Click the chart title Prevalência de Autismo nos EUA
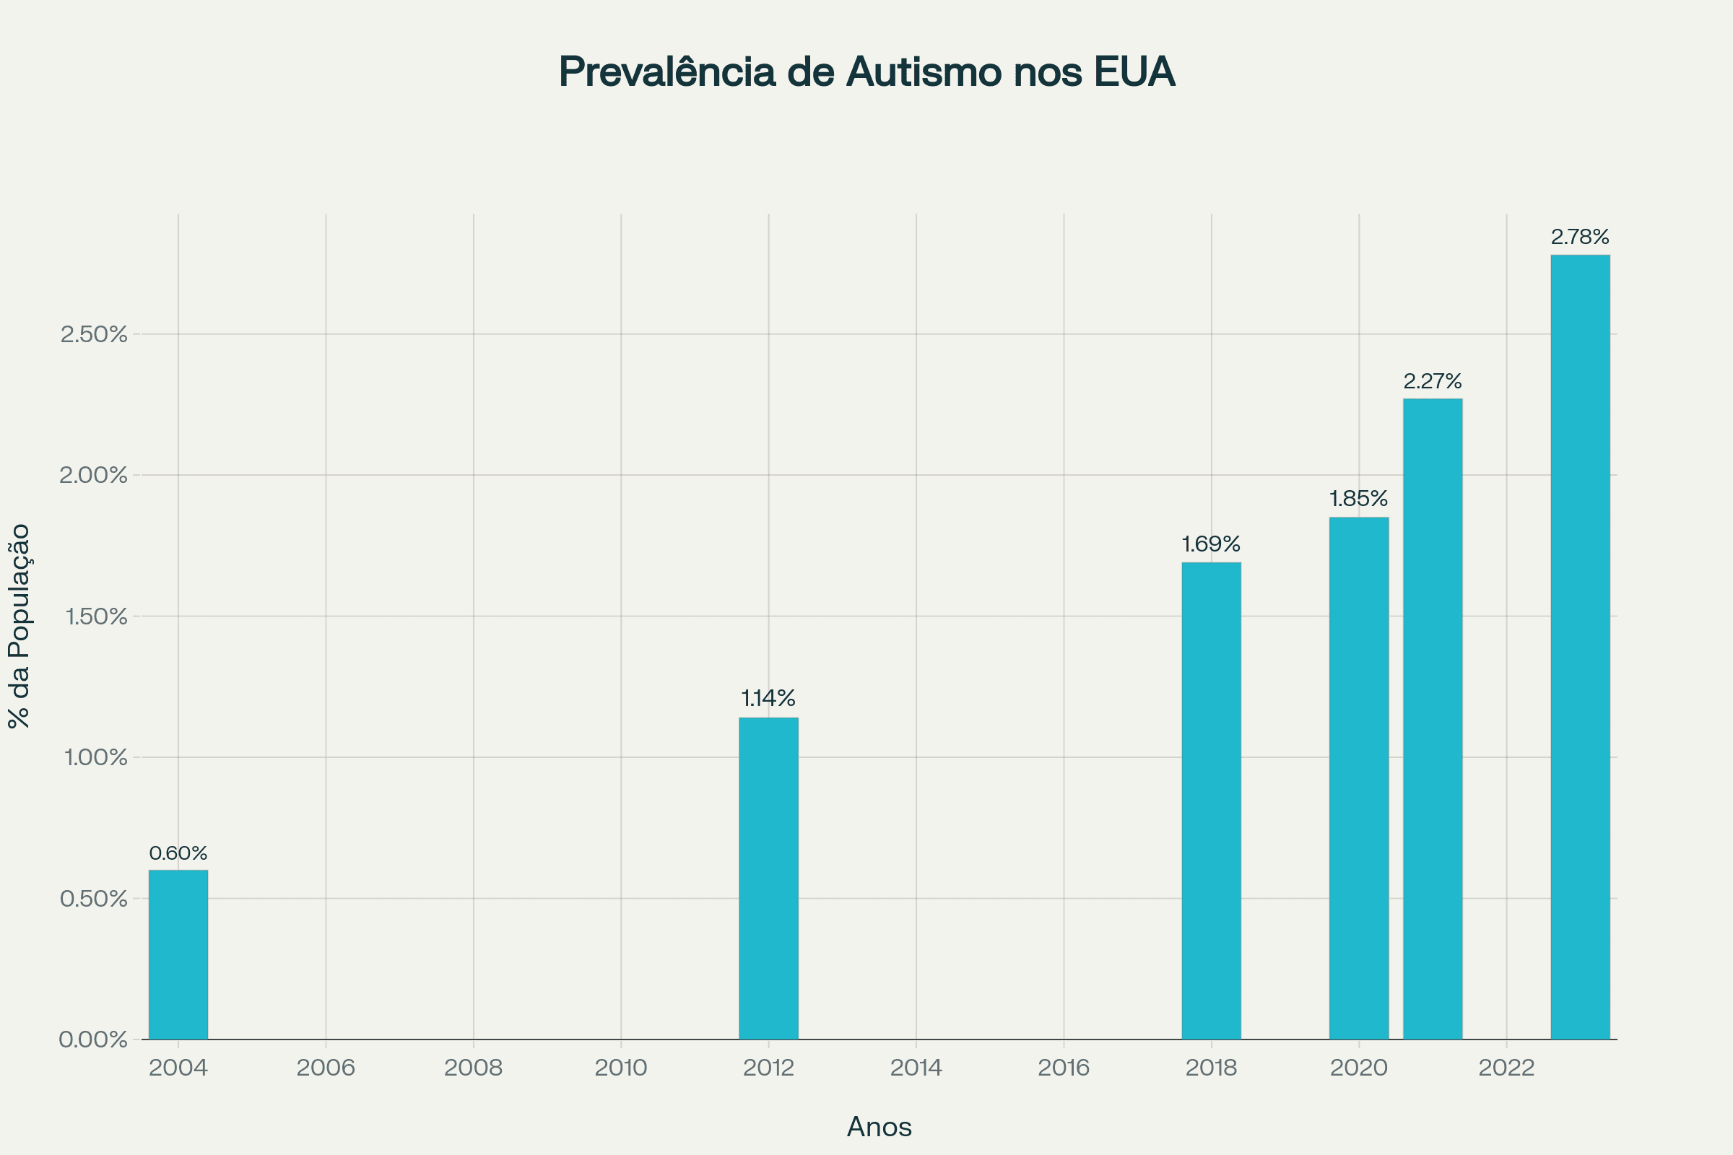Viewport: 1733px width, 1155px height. click(x=866, y=72)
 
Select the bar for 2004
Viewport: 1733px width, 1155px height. click(x=178, y=954)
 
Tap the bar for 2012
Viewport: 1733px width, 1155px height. click(x=768, y=878)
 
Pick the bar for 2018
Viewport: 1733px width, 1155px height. click(x=1212, y=801)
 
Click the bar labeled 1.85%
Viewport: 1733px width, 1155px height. click(x=1359, y=778)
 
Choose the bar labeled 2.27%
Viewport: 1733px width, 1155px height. click(x=1433, y=719)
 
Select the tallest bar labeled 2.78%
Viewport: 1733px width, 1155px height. click(x=1580, y=647)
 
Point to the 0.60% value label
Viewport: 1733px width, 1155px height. click(x=178, y=853)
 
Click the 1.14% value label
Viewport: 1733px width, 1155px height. click(x=768, y=697)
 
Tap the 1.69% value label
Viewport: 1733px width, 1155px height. click(x=1212, y=544)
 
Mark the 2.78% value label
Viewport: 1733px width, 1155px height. click(x=1580, y=237)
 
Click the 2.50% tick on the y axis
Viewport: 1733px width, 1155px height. click(x=94, y=334)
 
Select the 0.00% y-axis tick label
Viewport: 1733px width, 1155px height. click(x=94, y=1039)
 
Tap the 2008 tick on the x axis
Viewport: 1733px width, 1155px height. click(x=473, y=1068)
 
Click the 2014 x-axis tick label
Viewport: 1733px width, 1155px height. click(x=916, y=1068)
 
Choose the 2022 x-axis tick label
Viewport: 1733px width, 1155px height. click(x=1506, y=1068)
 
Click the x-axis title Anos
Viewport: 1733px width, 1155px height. click(x=879, y=1127)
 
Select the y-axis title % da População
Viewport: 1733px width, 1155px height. click(x=19, y=626)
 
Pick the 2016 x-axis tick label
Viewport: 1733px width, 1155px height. click(x=1063, y=1068)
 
